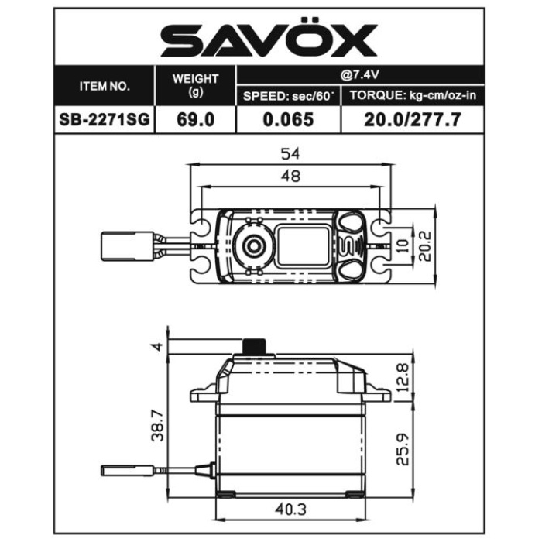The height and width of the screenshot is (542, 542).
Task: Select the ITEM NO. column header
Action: (105, 87)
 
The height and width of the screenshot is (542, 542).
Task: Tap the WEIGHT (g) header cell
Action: (196, 84)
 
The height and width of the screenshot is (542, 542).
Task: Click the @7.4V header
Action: (359, 74)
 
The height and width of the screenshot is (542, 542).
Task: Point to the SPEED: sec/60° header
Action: (287, 96)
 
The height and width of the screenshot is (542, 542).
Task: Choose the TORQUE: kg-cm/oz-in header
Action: (413, 95)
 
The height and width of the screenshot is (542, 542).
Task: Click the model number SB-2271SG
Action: (105, 119)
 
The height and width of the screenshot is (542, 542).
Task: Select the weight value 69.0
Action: (196, 119)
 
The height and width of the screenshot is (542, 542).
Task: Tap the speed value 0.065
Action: (288, 119)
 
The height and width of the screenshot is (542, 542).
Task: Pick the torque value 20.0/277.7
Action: (413, 119)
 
